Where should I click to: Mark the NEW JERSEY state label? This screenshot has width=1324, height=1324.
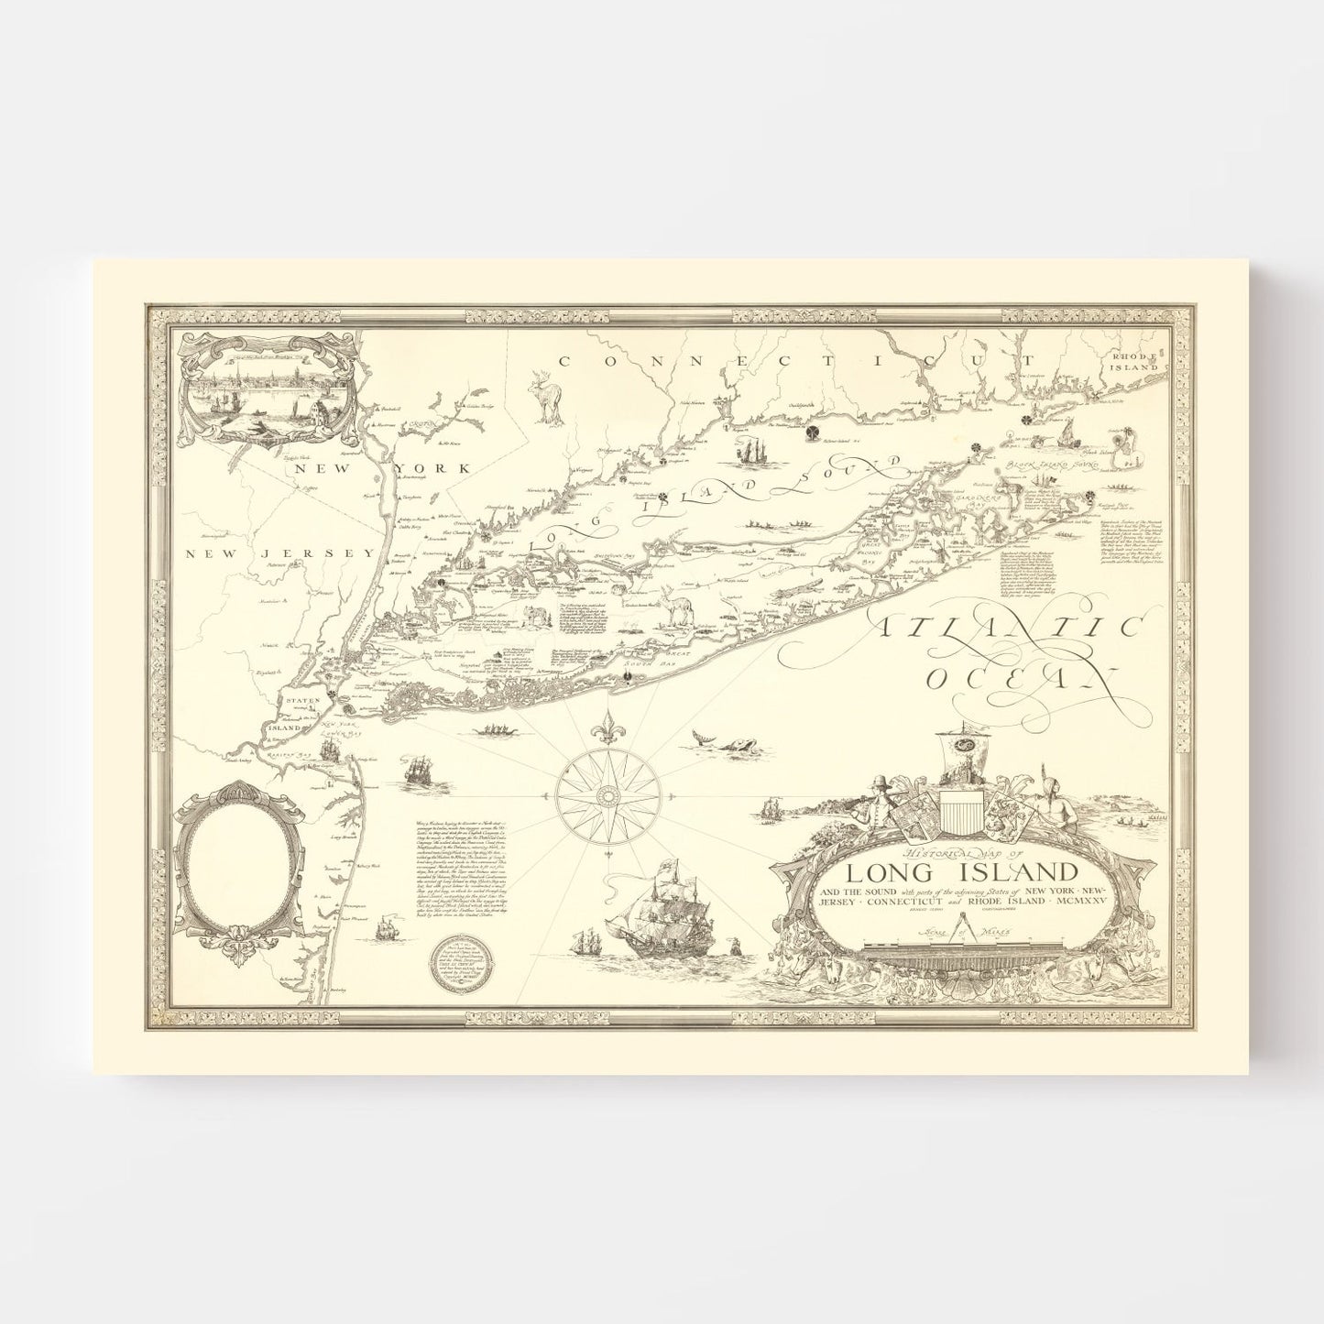pyautogui.click(x=279, y=553)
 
